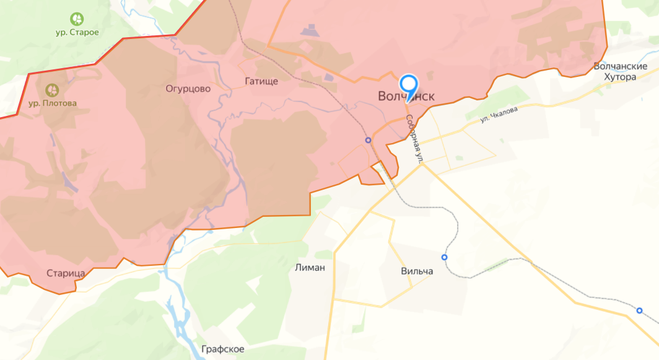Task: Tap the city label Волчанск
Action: pyautogui.click(x=406, y=97)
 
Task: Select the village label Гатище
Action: pyautogui.click(x=261, y=81)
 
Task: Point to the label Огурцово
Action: pyautogui.click(x=188, y=89)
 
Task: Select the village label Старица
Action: pyautogui.click(x=65, y=273)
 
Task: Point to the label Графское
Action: pyautogui.click(x=223, y=349)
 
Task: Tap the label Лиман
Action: pyautogui.click(x=311, y=267)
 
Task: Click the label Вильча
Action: pyautogui.click(x=417, y=271)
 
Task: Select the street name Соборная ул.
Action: pyautogui.click(x=414, y=139)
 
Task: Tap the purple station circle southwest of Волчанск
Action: pyautogui.click(x=369, y=140)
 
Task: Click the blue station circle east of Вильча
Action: pyautogui.click(x=444, y=257)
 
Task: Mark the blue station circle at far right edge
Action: pyautogui.click(x=639, y=310)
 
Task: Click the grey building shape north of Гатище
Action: pyautogui.click(x=309, y=29)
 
